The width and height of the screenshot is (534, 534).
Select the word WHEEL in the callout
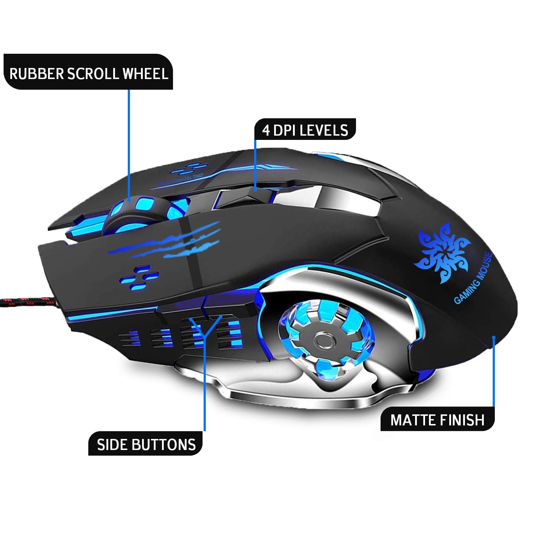145,74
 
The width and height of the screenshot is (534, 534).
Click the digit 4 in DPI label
266,131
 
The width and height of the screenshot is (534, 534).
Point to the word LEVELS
324,131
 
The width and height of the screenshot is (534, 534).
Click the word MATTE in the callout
413,420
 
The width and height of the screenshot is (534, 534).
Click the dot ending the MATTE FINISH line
494,337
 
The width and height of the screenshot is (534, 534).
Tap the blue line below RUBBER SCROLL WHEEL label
129,142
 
